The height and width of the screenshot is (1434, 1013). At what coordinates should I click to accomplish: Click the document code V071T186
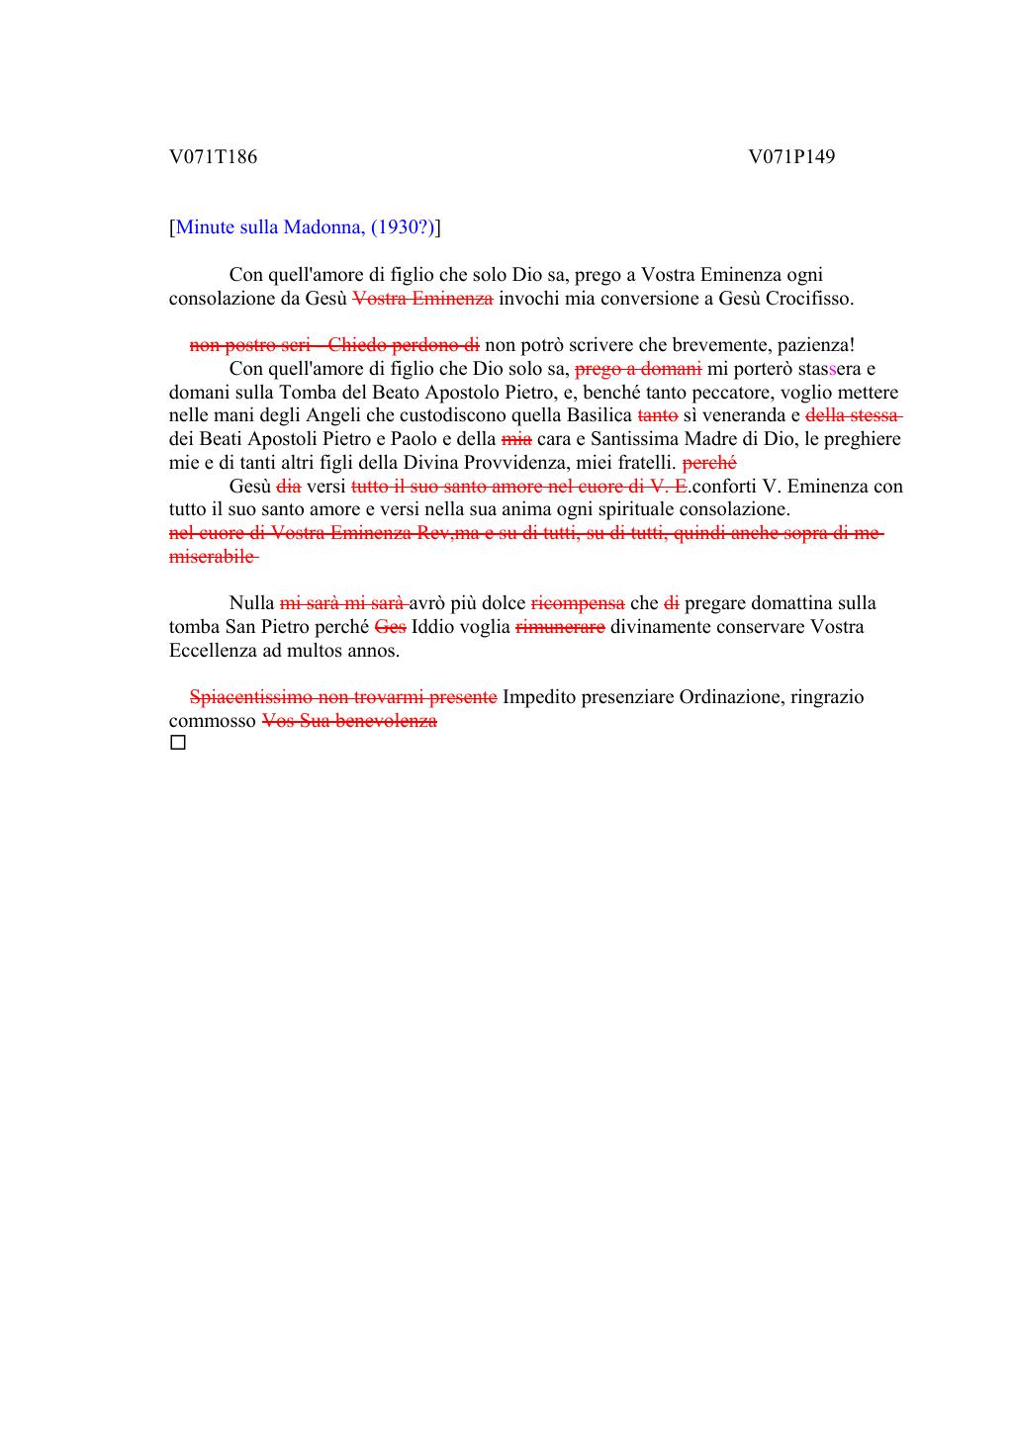coord(213,156)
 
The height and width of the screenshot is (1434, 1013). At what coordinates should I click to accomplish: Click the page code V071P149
coord(791,156)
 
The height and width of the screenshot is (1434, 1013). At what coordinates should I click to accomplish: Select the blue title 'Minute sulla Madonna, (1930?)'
coord(305,227)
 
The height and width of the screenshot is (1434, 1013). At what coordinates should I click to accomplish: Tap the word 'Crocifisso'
coord(808,298)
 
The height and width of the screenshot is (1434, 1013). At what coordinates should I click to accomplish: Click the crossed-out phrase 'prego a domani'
coord(638,369)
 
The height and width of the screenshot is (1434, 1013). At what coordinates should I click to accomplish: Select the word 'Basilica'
coord(599,415)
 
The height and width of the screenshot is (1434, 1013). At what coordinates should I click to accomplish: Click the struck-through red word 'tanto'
coord(658,415)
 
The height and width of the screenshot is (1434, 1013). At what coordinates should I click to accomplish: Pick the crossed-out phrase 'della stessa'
coord(853,415)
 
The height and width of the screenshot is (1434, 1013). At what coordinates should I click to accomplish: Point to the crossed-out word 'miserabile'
coord(212,557)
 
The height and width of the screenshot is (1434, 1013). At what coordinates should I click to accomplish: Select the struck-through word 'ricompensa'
coord(578,603)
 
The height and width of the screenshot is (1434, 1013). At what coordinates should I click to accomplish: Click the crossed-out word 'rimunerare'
coord(560,627)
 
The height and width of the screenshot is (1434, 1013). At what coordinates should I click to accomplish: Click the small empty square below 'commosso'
coord(178,742)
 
